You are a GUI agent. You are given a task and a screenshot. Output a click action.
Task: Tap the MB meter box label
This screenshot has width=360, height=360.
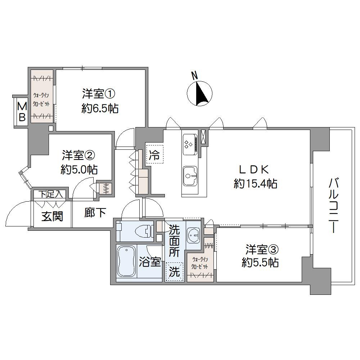click(x=22, y=112)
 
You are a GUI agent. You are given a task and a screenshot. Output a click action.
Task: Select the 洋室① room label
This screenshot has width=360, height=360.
click(x=98, y=94)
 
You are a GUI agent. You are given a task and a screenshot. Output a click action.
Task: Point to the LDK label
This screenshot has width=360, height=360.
click(x=255, y=169)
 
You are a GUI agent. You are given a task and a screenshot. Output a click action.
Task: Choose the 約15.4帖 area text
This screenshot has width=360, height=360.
click(x=255, y=184)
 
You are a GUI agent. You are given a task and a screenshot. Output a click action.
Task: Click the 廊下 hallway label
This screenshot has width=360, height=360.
click(x=95, y=213)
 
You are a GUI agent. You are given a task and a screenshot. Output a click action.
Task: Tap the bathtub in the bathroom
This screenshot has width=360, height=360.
click(x=126, y=262)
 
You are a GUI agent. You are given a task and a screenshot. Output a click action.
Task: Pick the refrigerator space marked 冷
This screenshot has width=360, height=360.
click(x=154, y=155)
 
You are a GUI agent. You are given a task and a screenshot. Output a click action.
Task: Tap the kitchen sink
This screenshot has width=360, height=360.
click(x=189, y=176)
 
